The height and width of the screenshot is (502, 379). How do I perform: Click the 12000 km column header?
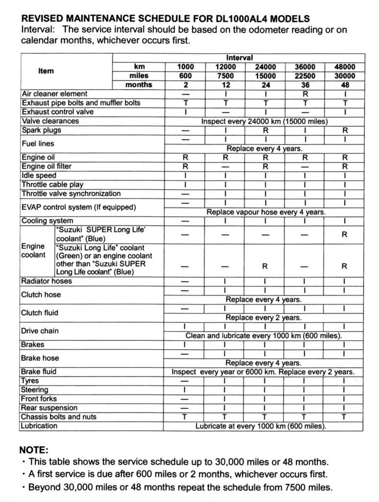click(225, 67)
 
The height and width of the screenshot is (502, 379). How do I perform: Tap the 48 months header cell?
click(345, 85)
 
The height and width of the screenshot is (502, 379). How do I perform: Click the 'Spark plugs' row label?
click(41, 130)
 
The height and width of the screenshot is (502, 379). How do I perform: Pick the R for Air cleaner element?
click(305, 94)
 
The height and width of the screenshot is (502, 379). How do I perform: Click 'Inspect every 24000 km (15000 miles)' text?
click(264, 121)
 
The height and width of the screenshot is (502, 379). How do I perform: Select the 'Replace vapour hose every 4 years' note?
click(266, 212)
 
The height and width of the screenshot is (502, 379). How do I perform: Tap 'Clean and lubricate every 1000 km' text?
click(264, 336)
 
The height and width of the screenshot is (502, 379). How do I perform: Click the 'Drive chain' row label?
click(40, 331)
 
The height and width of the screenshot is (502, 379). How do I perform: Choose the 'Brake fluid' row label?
click(39, 372)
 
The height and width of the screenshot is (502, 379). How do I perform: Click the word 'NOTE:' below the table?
click(34, 450)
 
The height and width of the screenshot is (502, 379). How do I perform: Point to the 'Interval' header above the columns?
click(239, 58)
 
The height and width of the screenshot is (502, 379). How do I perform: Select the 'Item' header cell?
click(46, 71)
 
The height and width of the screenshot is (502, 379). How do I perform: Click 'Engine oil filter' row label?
click(47, 166)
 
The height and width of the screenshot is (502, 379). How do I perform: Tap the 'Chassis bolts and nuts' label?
click(59, 417)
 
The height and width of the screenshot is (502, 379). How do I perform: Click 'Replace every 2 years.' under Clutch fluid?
click(264, 318)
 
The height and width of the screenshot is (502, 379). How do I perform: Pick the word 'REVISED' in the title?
click(42, 19)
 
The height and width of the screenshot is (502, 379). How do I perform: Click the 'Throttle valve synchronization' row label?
click(71, 194)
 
